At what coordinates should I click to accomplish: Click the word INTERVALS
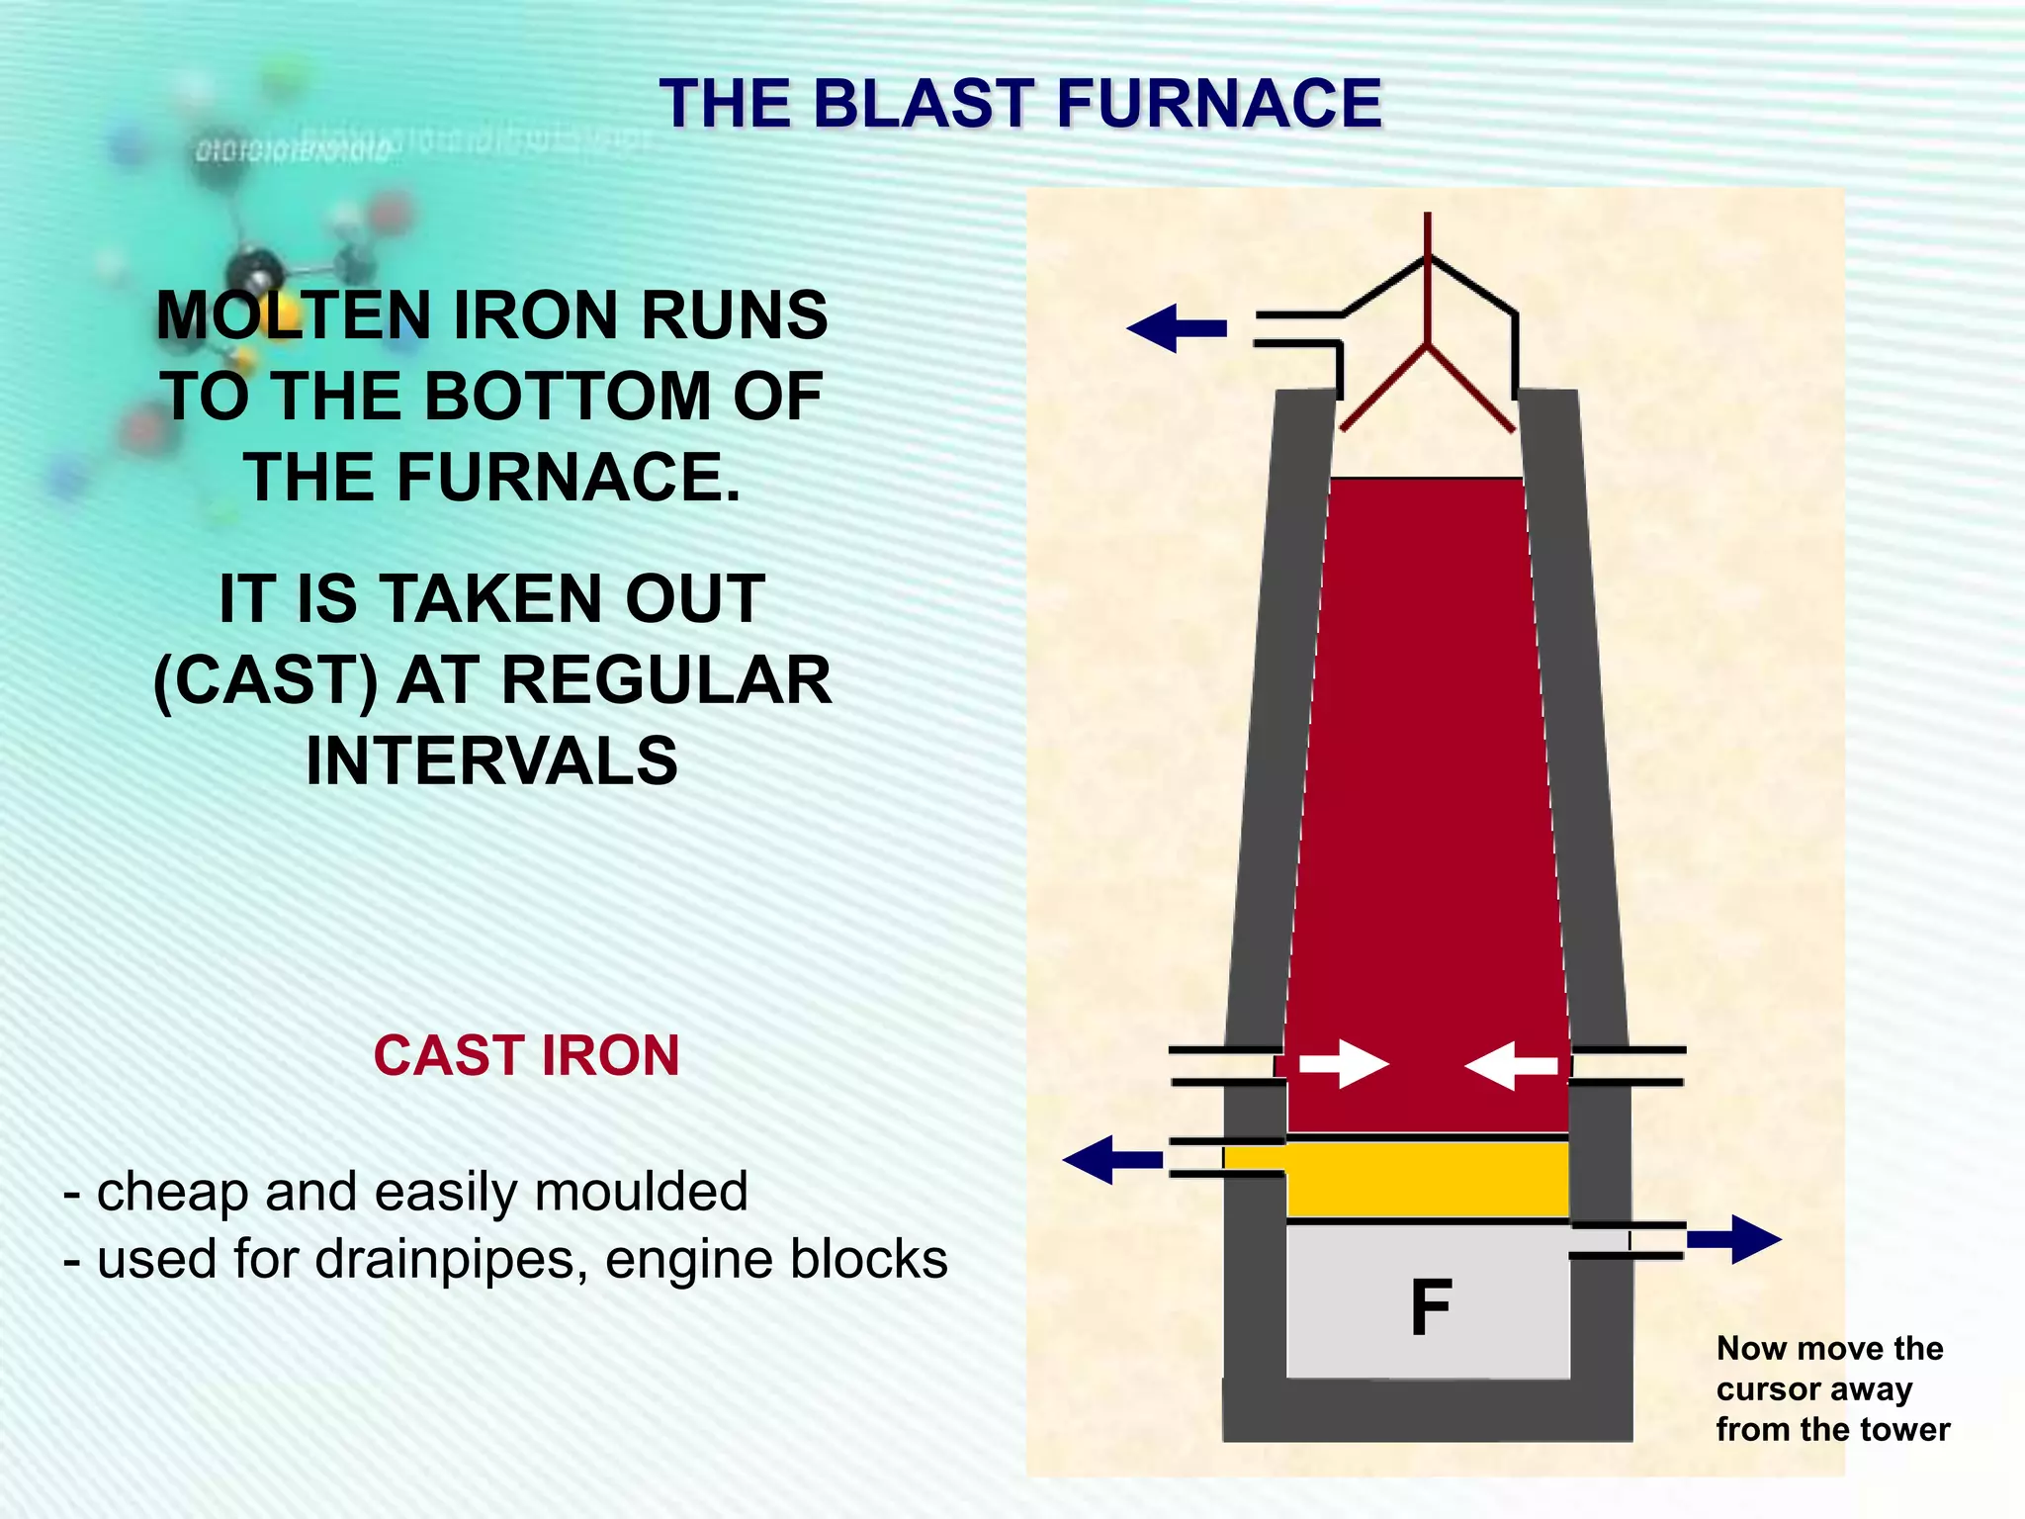click(492, 761)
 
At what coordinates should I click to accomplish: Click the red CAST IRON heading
click(526, 1055)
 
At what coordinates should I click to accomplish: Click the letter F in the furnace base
click(1431, 1307)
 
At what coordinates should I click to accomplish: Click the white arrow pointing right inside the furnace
click(1343, 1064)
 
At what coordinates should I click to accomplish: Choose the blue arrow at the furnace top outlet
click(1177, 328)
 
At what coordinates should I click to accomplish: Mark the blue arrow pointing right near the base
click(1733, 1239)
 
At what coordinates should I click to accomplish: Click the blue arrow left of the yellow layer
click(1112, 1159)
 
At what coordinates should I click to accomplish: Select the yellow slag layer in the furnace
click(1427, 1180)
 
